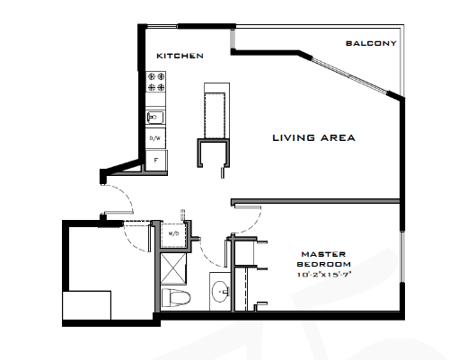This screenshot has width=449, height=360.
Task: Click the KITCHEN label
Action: (180, 56)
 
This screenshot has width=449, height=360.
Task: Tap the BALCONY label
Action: (370, 44)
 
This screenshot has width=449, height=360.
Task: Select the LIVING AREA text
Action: (314, 138)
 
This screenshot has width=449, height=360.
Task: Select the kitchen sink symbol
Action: (154, 117)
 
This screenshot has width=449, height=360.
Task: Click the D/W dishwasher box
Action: (154, 138)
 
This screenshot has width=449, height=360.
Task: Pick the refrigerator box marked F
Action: (154, 159)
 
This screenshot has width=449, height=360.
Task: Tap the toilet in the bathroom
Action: (174, 297)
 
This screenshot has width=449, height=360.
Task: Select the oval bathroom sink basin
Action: (219, 291)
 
